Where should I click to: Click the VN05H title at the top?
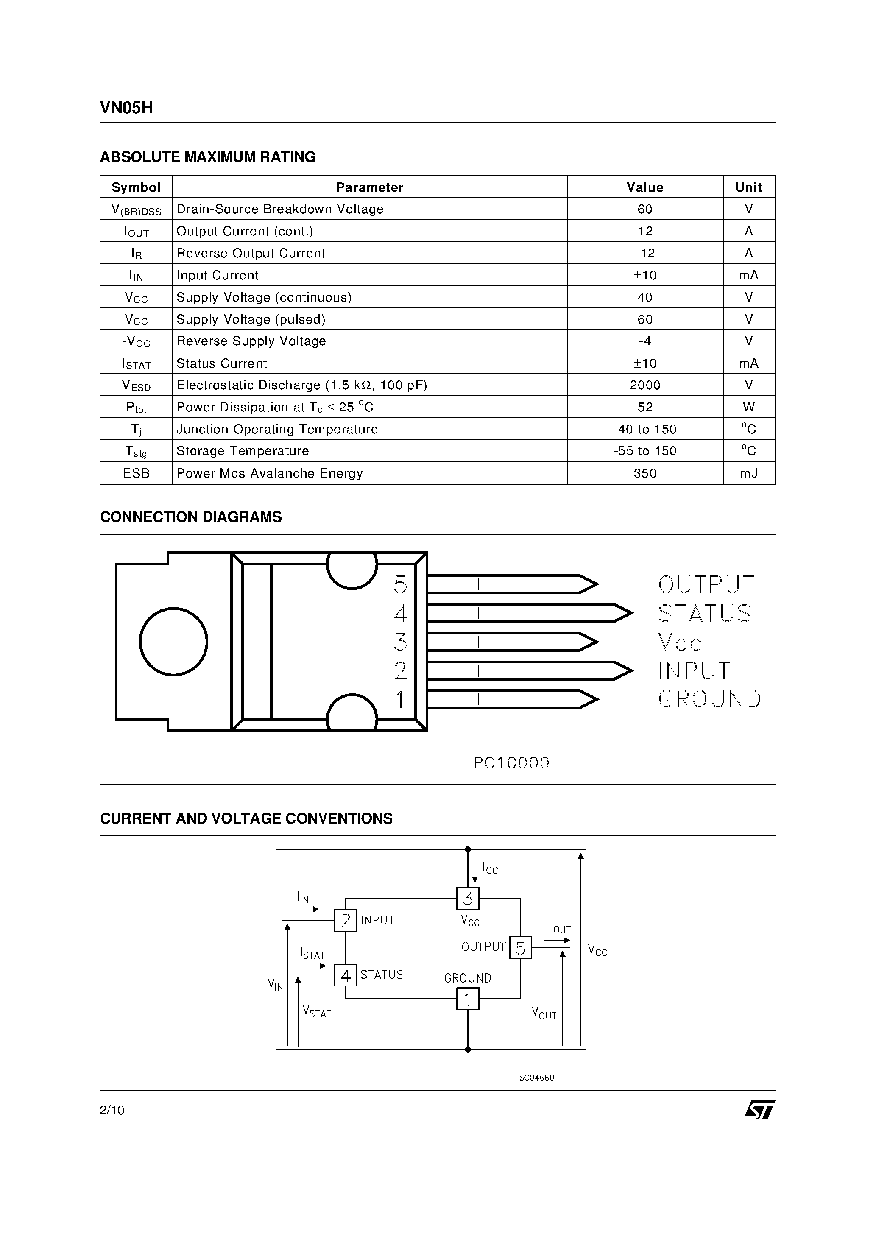(x=126, y=108)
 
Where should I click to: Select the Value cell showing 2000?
(x=645, y=385)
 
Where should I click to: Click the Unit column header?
(x=748, y=187)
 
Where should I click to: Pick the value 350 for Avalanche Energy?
(x=645, y=473)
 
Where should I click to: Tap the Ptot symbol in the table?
(x=136, y=408)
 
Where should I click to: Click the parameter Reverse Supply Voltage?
(x=251, y=341)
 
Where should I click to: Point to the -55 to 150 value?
(x=645, y=451)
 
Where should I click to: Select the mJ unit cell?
(x=748, y=473)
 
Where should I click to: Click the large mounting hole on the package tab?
(x=173, y=642)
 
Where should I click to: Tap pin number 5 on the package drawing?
(x=400, y=585)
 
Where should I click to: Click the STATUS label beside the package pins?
(x=704, y=614)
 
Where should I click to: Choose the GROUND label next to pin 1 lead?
(x=709, y=699)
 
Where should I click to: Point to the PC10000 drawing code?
(x=511, y=763)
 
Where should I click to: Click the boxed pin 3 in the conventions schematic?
(x=468, y=899)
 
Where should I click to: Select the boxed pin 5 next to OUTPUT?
(x=521, y=948)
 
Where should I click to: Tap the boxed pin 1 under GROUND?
(x=468, y=999)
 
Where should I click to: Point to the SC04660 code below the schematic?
(x=536, y=1078)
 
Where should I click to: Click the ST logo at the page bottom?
(x=760, y=1110)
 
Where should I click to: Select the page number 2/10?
(x=112, y=1110)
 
